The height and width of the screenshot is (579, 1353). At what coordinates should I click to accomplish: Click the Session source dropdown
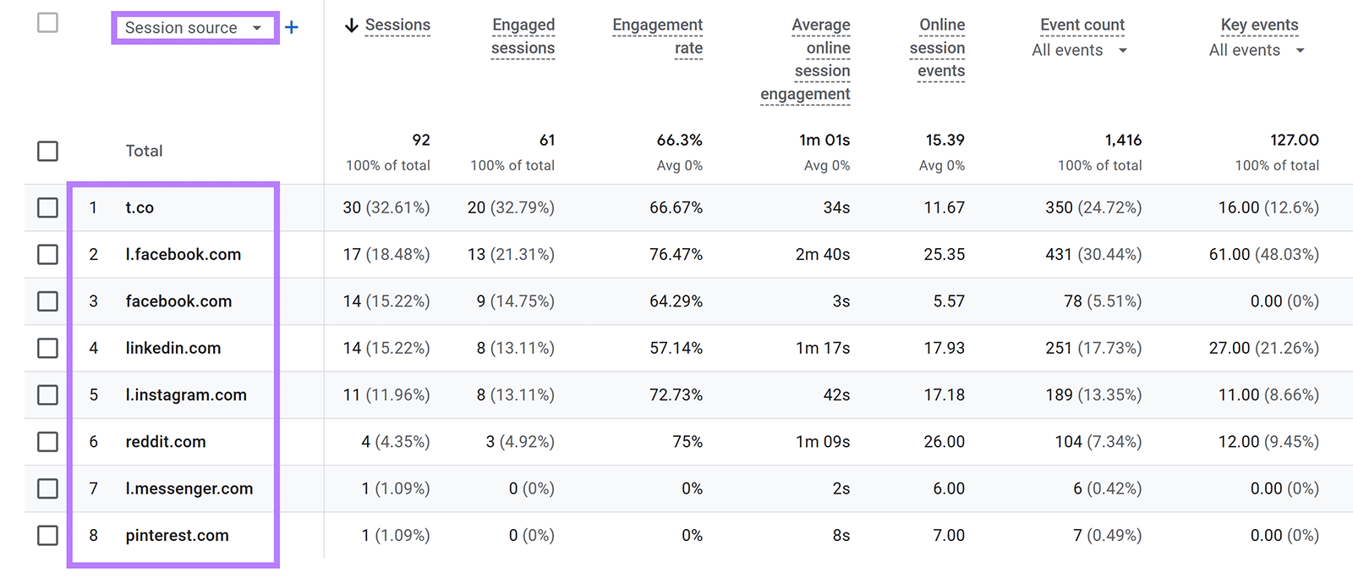point(194,28)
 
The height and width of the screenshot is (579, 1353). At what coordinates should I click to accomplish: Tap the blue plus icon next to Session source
point(292,28)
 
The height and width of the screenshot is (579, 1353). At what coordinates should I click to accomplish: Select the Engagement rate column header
point(658,36)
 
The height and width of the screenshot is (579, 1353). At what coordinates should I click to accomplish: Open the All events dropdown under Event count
point(1079,51)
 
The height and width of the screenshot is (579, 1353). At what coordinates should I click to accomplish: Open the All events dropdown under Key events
point(1257,51)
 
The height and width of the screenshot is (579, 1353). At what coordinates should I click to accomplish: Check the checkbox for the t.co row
point(48,207)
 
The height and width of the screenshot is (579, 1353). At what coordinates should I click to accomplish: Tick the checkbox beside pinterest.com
point(48,535)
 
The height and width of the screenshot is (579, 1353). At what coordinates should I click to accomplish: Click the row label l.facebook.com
point(184,255)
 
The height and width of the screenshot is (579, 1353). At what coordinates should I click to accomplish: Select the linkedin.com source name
point(173,348)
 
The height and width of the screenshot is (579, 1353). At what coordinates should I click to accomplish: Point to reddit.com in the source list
point(166,442)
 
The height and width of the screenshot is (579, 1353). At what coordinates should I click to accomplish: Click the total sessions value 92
point(421,140)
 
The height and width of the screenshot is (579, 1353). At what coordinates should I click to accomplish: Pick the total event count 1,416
point(1123,140)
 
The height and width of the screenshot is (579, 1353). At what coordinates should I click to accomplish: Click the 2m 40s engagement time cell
point(822,255)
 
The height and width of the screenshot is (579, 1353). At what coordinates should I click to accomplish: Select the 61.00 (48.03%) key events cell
point(1263,255)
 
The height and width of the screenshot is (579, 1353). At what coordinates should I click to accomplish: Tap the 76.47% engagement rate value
point(676,255)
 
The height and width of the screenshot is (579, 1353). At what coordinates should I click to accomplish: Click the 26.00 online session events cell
point(944,442)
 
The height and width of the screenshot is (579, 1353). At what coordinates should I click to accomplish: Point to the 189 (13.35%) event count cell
point(1093,395)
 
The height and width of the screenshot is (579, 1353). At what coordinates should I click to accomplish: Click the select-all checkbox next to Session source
point(48,23)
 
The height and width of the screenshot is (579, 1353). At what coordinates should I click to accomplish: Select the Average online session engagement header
point(806,59)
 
